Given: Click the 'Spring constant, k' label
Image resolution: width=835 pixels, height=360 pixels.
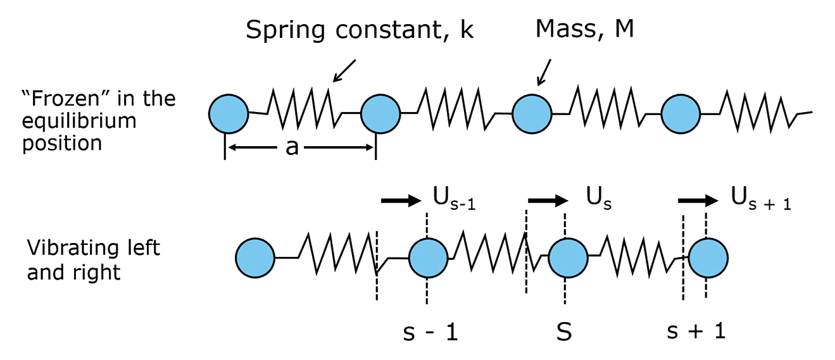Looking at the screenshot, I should coord(360,30).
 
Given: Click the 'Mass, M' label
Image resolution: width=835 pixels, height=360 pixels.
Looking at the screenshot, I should coord(584,29).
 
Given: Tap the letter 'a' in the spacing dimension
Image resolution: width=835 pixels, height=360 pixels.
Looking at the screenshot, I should coord(292,148).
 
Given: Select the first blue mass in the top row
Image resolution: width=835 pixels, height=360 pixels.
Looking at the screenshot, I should coord(229,114).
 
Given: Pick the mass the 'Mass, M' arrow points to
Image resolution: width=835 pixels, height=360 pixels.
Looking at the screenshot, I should coord(532,114).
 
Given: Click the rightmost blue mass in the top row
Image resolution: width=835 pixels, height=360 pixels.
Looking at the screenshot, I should coord(681,114).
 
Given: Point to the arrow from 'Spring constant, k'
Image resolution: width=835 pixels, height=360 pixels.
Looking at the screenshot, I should coord(344,70).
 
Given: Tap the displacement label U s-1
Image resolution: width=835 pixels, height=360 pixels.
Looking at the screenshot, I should coord(454,201).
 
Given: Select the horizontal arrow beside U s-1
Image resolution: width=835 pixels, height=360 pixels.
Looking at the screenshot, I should coord(401,201).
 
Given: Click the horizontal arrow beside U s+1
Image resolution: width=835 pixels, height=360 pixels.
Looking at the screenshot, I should coord(698,201).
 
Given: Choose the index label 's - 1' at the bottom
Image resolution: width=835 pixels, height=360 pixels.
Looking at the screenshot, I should coord(430,332).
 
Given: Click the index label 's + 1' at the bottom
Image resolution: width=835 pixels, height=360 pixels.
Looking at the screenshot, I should coord(696,332).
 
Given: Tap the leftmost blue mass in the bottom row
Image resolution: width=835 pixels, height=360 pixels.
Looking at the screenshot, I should coord(255,258).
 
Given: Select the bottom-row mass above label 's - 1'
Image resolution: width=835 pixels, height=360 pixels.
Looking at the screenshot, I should coord(429,258).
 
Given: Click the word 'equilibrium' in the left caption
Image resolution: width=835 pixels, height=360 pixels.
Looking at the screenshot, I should coord(79,121).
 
